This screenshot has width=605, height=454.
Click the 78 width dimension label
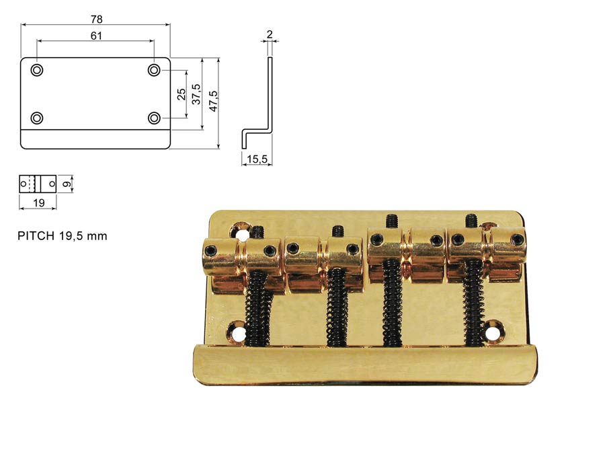96,19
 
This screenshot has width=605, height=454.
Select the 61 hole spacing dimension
96,36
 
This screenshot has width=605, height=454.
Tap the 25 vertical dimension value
182,94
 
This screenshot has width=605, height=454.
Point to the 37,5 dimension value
197,94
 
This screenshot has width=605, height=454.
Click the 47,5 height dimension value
213,101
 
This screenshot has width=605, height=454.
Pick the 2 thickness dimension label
270,34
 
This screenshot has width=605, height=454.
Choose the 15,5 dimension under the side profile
257,159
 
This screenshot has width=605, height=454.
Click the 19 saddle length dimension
38,202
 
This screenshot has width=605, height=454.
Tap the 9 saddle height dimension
67,184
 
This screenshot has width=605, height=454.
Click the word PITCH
36,236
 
